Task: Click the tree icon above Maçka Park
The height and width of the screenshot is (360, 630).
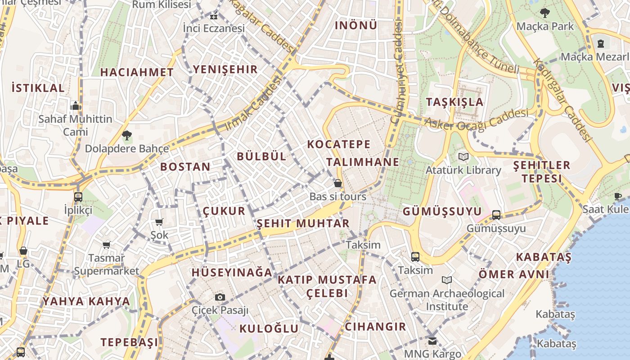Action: tap(545, 13)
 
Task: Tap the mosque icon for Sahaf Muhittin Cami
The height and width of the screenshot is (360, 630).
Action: tap(76, 106)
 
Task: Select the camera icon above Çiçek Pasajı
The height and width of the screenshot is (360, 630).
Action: tap(220, 297)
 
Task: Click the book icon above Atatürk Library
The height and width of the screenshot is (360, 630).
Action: tap(463, 157)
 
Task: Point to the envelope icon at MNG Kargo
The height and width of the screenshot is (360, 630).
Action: tap(432, 341)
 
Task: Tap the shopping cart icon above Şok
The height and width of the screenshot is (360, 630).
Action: tap(159, 222)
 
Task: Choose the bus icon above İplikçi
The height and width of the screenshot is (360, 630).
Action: tap(78, 197)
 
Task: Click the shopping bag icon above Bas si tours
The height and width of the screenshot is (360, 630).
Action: tap(337, 184)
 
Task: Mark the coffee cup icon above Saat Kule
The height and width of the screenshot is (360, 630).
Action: tap(618, 196)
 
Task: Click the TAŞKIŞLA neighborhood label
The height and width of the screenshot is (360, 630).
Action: tap(455, 102)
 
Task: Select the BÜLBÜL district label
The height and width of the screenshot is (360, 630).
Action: tap(261, 156)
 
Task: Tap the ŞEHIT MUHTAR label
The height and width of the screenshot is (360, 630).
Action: tap(303, 223)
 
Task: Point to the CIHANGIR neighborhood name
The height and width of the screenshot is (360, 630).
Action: tap(375, 326)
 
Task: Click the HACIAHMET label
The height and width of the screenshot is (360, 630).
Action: tap(137, 72)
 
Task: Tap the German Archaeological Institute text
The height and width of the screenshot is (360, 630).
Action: tap(447, 300)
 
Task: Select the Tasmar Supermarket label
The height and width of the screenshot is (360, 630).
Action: tap(107, 265)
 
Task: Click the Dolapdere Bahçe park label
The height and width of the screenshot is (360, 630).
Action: tap(127, 148)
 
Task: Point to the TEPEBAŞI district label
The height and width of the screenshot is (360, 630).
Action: tap(130, 342)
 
